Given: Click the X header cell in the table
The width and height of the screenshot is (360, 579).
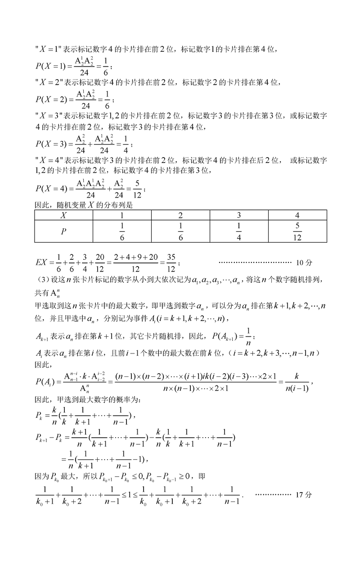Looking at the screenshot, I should pos(64,215).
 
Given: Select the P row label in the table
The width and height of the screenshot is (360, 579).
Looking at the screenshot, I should pos(64,231).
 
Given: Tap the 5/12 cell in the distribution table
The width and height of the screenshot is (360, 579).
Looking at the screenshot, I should pos(297,231).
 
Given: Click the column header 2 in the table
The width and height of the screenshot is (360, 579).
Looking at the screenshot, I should pos(180,215).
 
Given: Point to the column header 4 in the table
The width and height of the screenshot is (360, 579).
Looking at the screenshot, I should pos(297,215).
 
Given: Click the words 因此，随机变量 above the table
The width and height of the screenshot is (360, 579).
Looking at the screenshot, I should pos(58,205).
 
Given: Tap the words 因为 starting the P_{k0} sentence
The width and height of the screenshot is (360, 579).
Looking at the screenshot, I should pos(40,475).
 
